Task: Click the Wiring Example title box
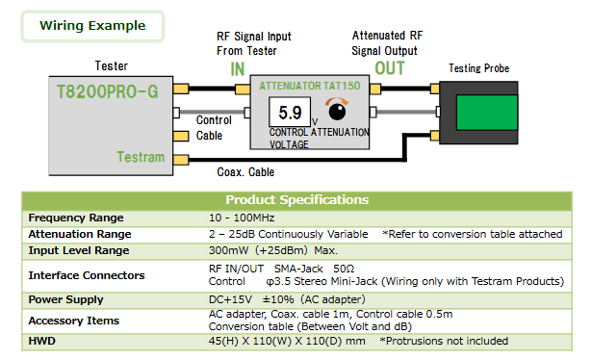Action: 92,26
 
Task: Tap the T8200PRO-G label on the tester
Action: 108,92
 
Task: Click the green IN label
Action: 238,69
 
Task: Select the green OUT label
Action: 390,68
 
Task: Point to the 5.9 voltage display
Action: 290,112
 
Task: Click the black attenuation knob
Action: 337,112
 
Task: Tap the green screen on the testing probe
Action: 487,113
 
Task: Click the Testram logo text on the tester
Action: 141,157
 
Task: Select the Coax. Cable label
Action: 245,172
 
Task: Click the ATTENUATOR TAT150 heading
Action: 309,86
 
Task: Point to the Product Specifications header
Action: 297,200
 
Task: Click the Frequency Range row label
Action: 76,218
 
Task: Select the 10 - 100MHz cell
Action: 242,218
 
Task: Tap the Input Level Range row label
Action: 79,250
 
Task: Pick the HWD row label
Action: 41,341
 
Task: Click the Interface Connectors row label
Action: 87,275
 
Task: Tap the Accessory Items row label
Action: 74,321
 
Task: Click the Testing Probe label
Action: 478,68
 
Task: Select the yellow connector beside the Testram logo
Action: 181,160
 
